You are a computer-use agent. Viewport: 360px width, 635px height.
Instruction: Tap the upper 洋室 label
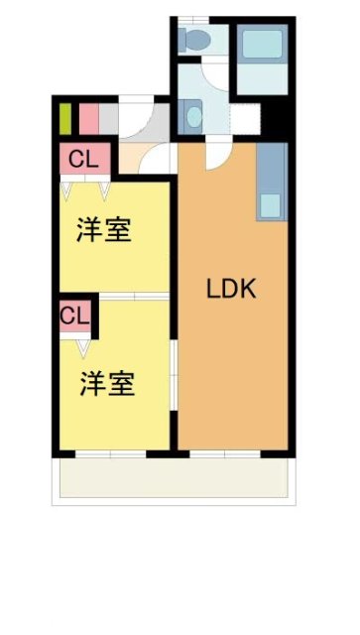[105, 231]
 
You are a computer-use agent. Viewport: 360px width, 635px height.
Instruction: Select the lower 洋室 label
[107, 383]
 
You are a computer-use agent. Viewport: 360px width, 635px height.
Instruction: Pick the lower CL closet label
[74, 317]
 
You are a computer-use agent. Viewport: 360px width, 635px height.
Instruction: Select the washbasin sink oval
[190, 116]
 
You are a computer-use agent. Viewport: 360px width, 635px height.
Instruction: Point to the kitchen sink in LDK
[271, 205]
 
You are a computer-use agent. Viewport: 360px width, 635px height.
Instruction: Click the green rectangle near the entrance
[65, 119]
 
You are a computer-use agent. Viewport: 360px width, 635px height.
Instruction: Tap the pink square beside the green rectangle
[88, 119]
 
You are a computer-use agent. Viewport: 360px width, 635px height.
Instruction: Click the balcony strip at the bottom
[174, 480]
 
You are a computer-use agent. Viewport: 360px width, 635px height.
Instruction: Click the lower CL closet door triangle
[83, 348]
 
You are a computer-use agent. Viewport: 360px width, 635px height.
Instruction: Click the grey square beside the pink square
[110, 119]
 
